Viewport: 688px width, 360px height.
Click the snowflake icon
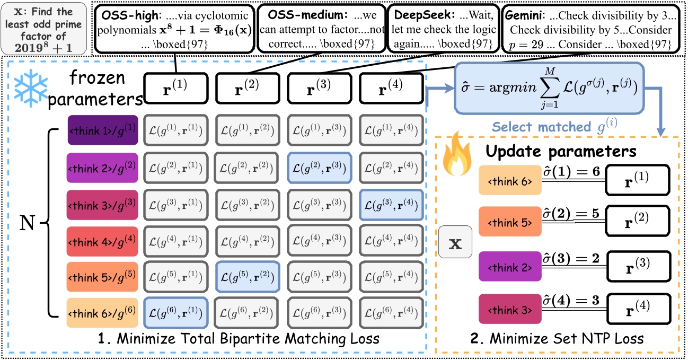30,89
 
